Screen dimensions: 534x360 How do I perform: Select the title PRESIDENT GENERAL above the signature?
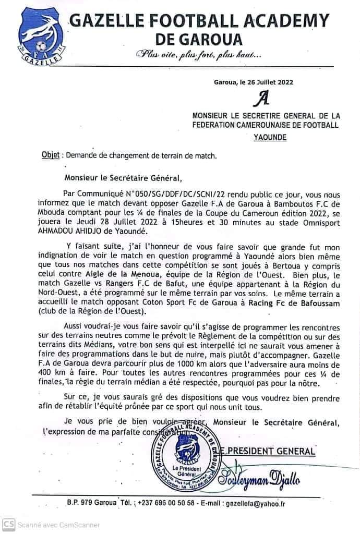coord(275,451)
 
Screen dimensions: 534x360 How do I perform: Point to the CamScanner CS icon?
coord(7,524)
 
